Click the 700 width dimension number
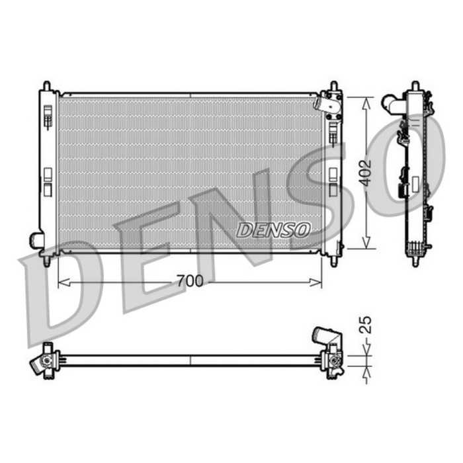point(190,281)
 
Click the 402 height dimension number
point(366,173)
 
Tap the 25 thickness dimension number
point(366,325)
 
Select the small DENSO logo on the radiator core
point(273,230)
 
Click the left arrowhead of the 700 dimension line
point(63,282)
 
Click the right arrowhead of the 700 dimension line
point(316,282)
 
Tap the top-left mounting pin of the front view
point(47,85)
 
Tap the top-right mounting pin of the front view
point(334,85)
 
